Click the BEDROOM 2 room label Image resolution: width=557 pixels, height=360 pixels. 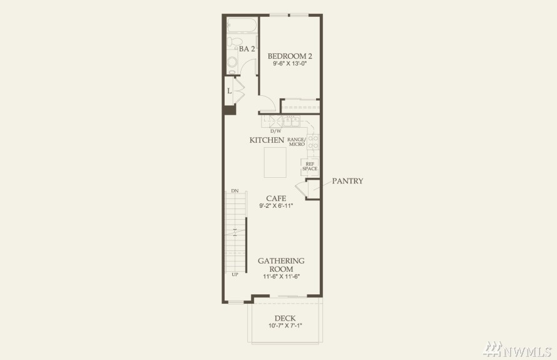click(290, 56)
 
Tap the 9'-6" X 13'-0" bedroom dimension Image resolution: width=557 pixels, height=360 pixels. click(290, 64)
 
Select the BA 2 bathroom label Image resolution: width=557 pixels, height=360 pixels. click(247, 49)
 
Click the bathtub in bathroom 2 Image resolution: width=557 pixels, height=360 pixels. click(242, 25)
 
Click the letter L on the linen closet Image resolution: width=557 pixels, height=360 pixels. click(230, 91)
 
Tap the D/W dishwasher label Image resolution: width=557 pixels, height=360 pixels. click(275, 131)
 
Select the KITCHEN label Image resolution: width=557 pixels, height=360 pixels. click(267, 140)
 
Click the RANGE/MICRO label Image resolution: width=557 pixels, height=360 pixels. click(297, 141)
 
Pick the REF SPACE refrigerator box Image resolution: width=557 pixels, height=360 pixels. click(310, 167)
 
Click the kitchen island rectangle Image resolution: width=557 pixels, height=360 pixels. click(275, 162)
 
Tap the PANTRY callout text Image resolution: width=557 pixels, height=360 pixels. click(347, 181)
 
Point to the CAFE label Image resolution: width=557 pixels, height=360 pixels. click(276, 198)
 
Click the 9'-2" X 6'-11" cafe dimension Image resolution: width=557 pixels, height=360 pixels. click(276, 206)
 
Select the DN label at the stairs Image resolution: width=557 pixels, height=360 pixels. click(235, 191)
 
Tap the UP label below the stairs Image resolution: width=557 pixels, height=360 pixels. click(235, 274)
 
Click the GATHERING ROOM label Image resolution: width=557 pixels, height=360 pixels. click(281, 265)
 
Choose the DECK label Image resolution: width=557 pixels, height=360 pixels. click(285, 319)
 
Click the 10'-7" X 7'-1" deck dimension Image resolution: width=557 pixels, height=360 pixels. click(285, 326)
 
